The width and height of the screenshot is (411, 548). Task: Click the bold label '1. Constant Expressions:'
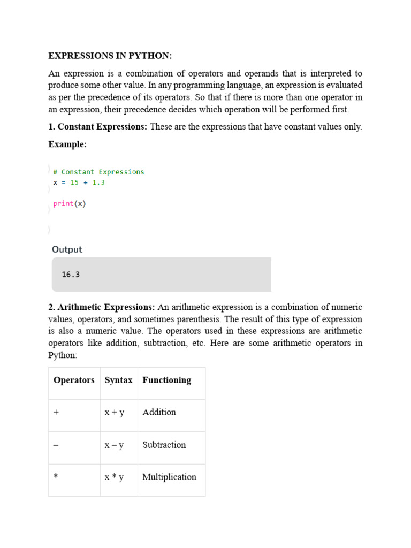pyautogui.click(x=98, y=127)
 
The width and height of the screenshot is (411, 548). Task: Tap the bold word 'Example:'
pyautogui.click(x=67, y=144)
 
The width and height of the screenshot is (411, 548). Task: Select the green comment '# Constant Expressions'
pyautogui.click(x=98, y=172)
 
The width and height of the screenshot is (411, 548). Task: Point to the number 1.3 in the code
pyautogui.click(x=98, y=182)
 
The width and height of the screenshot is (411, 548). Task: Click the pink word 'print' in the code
pyautogui.click(x=63, y=203)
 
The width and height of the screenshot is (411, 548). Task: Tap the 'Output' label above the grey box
pyautogui.click(x=67, y=249)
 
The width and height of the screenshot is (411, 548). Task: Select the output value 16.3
pyautogui.click(x=71, y=275)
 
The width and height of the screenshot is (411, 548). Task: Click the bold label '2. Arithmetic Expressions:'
pyautogui.click(x=102, y=307)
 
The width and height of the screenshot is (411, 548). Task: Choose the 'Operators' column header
pyautogui.click(x=74, y=380)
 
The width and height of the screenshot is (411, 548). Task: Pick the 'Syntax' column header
pyautogui.click(x=118, y=380)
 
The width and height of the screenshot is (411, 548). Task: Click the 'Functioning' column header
pyautogui.click(x=166, y=380)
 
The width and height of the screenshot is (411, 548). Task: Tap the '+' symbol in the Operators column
pyautogui.click(x=56, y=413)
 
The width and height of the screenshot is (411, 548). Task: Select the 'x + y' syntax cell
pyautogui.click(x=115, y=413)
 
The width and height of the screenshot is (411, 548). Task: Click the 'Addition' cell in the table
pyautogui.click(x=159, y=413)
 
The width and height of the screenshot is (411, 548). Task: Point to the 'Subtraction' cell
pyautogui.click(x=164, y=445)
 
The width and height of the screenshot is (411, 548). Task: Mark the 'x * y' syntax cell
pyautogui.click(x=114, y=477)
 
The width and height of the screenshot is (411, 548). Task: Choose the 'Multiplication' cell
pyautogui.click(x=169, y=477)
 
